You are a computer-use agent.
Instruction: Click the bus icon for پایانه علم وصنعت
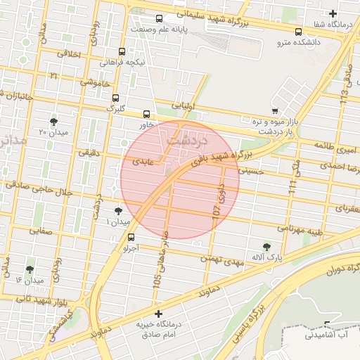[159, 19]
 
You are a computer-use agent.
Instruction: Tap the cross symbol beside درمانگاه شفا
[333, 13]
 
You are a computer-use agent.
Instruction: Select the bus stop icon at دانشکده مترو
[299, 32]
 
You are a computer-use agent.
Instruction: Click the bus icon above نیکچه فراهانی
[122, 51]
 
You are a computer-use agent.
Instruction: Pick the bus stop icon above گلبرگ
[115, 98]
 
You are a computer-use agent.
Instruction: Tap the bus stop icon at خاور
[147, 114]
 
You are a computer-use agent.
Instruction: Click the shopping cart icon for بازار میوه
[274, 110]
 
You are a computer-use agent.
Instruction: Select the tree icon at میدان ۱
[117, 211]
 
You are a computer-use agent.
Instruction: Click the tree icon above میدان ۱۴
[30, 269]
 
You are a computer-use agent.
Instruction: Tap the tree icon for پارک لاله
[266, 246]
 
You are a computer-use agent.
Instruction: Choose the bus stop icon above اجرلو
[131, 237]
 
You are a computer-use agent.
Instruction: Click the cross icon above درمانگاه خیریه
[158, 314]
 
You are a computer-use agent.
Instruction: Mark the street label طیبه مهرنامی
[300, 229]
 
